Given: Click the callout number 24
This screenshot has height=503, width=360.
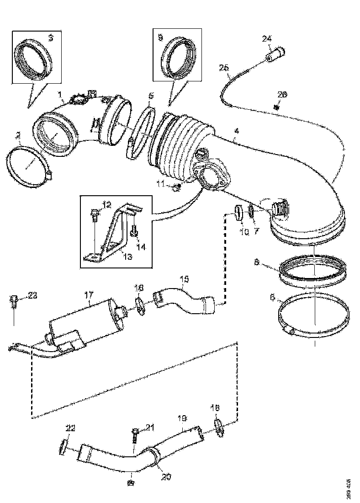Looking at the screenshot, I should [266, 39].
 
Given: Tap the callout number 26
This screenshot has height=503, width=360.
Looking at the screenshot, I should [282, 95].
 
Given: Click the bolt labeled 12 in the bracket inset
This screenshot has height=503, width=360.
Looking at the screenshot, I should [95, 213].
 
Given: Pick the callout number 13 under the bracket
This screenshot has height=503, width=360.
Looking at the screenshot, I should [127, 257].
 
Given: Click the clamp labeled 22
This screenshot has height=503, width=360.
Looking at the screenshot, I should [64, 446].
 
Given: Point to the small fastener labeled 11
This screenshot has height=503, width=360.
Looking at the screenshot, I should [178, 187].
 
